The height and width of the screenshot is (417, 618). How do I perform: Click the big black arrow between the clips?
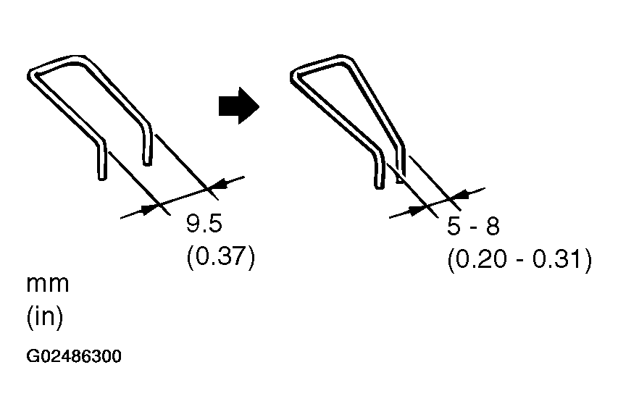click(x=238, y=106)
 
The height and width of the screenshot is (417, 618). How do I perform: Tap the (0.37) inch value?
click(x=221, y=258)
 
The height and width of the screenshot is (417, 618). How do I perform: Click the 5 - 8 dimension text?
click(x=473, y=227)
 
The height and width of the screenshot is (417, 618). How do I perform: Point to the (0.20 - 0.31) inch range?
click(x=519, y=260)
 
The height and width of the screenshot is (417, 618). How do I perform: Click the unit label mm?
click(x=48, y=283)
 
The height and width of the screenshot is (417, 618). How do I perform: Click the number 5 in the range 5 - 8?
click(x=454, y=227)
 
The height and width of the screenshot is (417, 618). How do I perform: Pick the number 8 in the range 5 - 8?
click(x=492, y=227)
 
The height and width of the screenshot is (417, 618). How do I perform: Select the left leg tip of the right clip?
click(x=378, y=187)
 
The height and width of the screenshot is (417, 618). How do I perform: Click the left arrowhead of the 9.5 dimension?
click(x=149, y=208)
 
